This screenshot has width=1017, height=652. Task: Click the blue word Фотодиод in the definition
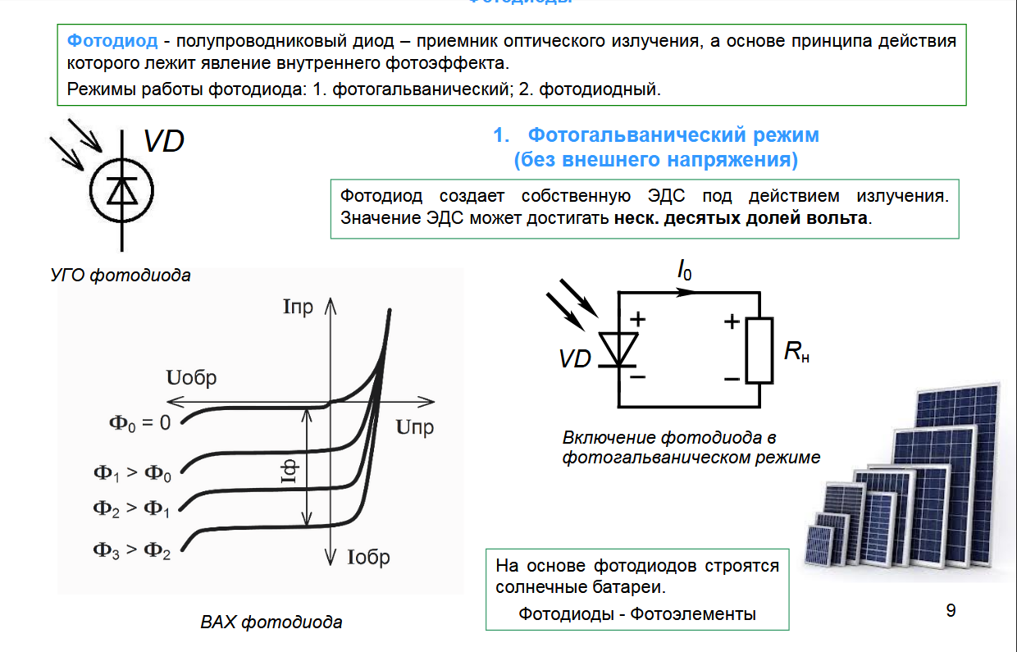[112, 41]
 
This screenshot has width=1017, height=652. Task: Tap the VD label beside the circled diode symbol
[163, 141]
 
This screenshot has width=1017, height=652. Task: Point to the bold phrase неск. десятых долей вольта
[741, 219]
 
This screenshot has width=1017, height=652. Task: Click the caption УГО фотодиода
[121, 276]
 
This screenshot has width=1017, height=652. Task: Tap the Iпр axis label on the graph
[298, 308]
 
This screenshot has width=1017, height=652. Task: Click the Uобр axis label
[191, 378]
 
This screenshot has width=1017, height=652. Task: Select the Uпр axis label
[414, 427]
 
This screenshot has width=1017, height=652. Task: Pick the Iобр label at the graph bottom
[368, 559]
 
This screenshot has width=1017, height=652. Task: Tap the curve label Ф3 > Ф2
[132, 550]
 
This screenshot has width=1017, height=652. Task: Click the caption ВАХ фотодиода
[271, 622]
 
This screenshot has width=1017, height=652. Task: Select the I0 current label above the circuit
[683, 271]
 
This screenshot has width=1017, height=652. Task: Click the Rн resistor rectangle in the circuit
[759, 351]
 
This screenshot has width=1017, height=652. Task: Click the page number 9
[951, 611]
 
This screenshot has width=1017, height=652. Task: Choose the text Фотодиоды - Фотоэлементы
[637, 613]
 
